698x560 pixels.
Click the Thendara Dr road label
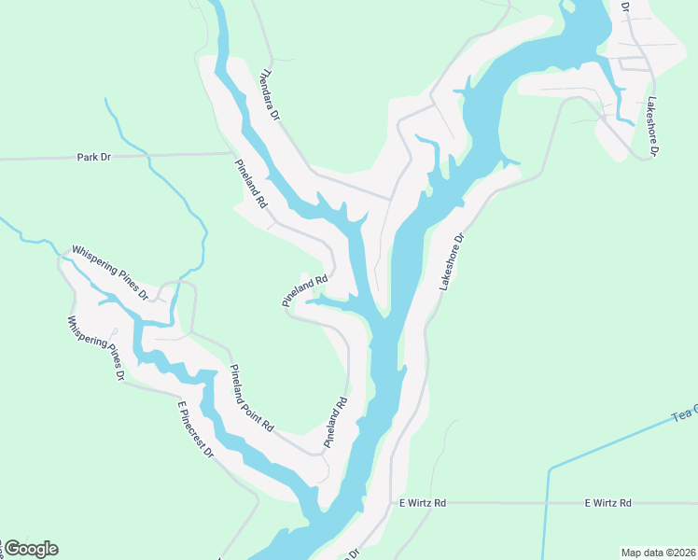270,95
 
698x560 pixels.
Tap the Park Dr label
93,158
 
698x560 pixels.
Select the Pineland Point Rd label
251,397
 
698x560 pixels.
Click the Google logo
31,549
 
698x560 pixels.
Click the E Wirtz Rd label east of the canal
607,503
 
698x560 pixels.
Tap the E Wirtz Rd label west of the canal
423,503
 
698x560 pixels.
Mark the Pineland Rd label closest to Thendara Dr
251,181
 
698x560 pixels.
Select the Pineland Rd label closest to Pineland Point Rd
335,422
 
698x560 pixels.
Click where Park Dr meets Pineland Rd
232,154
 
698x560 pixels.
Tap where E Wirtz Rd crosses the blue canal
547,502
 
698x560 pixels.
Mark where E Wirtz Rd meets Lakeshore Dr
390,502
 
